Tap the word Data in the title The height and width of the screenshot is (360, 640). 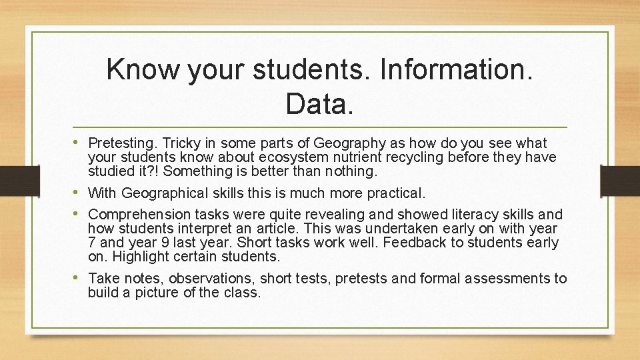tap(319, 103)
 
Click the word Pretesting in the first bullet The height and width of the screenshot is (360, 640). tap(121, 143)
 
